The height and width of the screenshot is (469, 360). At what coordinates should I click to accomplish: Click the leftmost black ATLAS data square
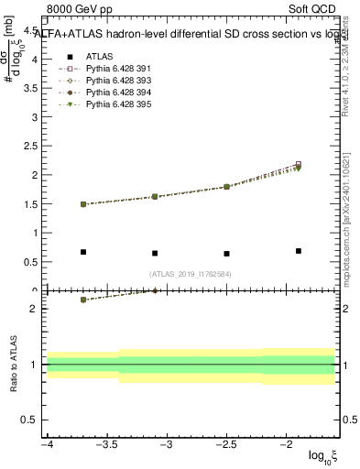coord(83,252)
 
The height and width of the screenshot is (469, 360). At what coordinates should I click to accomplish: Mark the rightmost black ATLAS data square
coord(299,250)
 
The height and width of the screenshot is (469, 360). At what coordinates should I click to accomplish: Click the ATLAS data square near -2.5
coord(226,254)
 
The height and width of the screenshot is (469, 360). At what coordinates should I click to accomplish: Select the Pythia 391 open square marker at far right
coord(299,165)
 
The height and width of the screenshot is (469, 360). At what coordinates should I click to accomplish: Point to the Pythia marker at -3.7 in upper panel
coord(83,204)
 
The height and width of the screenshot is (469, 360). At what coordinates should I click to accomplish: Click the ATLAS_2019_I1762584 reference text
coord(191,273)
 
